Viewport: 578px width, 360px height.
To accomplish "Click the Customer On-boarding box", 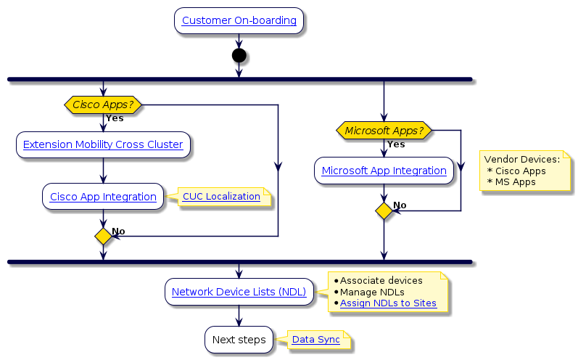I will coord(239,21).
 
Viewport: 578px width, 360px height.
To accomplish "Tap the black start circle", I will coord(239,55).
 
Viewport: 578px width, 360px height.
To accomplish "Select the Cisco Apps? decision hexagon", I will coord(103,105).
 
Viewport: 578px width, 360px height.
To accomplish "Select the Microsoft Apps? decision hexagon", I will coord(384,130).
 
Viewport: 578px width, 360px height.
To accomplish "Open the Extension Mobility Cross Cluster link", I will coord(103,144).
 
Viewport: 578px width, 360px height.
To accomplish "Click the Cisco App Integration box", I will coord(103,197).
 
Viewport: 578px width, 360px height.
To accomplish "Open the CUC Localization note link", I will coord(221,197).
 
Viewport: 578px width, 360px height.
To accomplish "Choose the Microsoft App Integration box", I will coord(384,171).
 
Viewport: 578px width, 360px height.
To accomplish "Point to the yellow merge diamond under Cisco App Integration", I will coord(103,236).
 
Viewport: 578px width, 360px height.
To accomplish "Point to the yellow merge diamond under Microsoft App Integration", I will coord(384,210).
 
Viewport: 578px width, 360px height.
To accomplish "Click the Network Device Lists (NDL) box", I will coord(239,292).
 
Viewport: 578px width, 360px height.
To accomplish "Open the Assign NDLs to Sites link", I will coord(388,303).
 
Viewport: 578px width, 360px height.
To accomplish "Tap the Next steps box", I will coord(239,339).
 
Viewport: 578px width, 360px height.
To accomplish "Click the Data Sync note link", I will coord(315,340).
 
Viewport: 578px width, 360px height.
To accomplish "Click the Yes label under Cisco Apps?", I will coord(115,118).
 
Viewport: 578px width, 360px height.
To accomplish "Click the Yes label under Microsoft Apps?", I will coord(396,144).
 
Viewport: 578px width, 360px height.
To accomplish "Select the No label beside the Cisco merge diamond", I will coord(118,231).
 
